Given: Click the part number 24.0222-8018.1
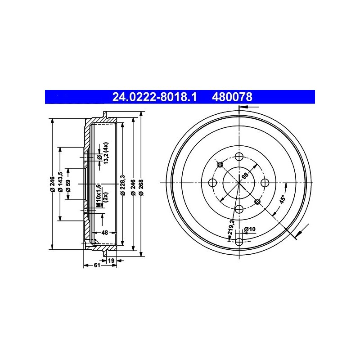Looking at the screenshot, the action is pos(154,97).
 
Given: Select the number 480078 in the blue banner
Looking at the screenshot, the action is pos(232,97).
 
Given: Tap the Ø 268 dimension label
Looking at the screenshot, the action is pos(141,188).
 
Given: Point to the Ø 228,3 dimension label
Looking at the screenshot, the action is pos(123,185).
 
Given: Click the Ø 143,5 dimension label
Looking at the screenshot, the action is pos(60,182).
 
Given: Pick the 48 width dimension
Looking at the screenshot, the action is pos(104,233).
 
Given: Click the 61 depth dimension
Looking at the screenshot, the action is pos(97,265).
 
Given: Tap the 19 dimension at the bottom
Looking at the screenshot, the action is pos(111,261).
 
